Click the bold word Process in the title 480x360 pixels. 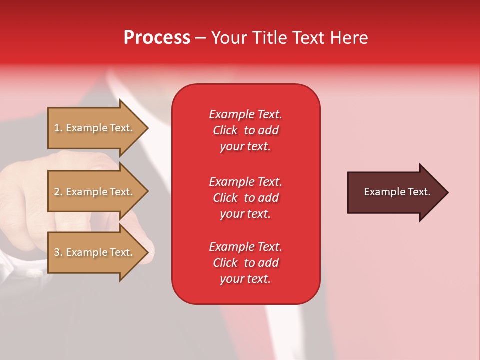click(157, 38)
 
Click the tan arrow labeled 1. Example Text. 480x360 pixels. click(95, 128)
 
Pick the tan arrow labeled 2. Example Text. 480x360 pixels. click(95, 192)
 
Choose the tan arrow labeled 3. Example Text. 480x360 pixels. click(95, 252)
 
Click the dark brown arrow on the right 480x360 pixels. click(395, 192)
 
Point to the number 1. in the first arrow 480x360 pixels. click(58, 128)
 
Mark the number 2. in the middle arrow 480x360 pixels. click(58, 192)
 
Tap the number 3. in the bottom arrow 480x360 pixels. click(58, 252)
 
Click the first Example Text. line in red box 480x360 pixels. click(245, 114)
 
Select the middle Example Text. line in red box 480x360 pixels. click(245, 182)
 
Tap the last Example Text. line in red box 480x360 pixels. click(245, 247)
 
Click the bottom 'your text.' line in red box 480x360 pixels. click(245, 279)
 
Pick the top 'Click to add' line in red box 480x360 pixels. click(245, 130)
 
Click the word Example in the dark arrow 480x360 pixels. click(381, 192)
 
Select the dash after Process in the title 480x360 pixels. click(200, 38)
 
